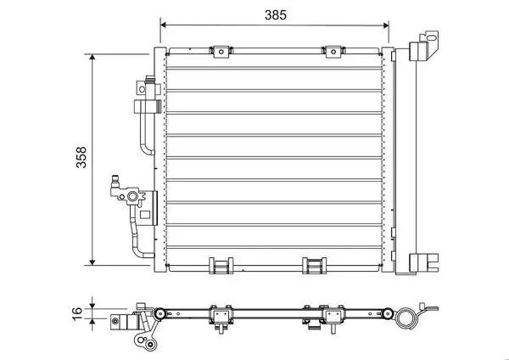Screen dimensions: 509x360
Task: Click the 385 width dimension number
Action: [276, 15]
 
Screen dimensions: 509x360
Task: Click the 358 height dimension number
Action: [81, 158]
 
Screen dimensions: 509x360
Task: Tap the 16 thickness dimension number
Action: [78, 314]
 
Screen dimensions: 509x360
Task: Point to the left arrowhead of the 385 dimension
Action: [164, 25]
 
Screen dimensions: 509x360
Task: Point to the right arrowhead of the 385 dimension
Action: [386, 25]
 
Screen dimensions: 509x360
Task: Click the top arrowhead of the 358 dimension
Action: [92, 57]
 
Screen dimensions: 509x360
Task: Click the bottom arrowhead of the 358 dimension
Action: [92, 262]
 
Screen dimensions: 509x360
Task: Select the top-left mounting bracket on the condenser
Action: [221, 52]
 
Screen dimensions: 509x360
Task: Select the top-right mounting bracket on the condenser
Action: [333, 52]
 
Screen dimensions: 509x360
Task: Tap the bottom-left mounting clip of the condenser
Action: [221, 266]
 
